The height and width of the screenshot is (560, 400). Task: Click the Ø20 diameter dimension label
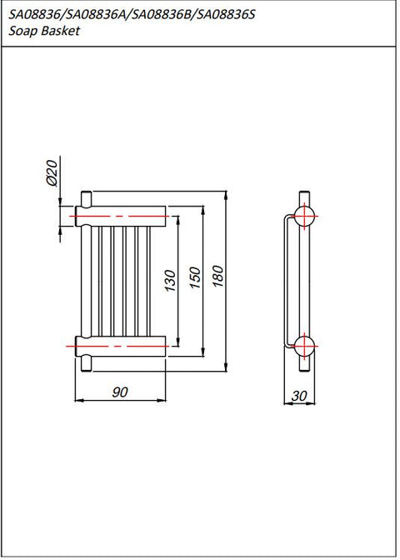coord(52,172)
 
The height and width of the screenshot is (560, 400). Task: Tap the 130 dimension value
coord(171,280)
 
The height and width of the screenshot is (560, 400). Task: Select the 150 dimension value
coord(195,277)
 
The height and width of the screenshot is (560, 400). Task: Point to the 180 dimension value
coord(218,277)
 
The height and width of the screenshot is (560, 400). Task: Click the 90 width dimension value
coord(120,392)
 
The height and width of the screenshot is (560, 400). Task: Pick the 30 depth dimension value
coord(299,396)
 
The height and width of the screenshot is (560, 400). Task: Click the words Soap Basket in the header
coord(44,31)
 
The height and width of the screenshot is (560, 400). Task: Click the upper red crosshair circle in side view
coord(304,217)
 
